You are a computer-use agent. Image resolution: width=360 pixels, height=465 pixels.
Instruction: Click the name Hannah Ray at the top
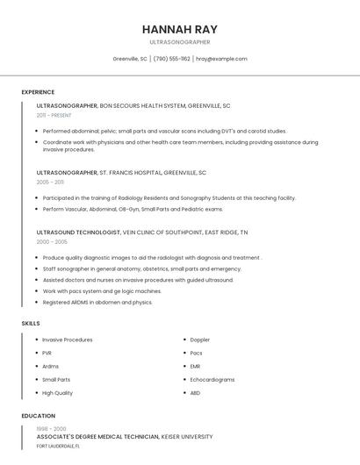tap(180, 28)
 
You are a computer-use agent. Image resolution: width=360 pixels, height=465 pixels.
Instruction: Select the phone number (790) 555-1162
tap(171, 59)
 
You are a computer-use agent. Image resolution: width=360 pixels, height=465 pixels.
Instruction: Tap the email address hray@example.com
tap(221, 59)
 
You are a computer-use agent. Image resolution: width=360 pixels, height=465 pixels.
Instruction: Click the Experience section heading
tap(38, 92)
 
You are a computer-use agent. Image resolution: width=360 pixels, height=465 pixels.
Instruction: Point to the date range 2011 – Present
tap(54, 115)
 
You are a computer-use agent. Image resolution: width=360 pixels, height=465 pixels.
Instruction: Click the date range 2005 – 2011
tap(50, 182)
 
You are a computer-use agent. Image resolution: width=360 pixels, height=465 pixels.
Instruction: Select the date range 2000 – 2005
tap(52, 241)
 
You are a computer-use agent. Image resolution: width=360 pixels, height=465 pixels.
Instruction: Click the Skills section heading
tap(30, 324)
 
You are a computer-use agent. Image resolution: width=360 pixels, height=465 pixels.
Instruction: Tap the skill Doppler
tap(199, 340)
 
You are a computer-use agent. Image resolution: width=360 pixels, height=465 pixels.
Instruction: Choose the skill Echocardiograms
tap(212, 380)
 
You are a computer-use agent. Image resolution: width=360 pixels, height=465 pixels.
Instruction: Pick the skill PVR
tap(47, 353)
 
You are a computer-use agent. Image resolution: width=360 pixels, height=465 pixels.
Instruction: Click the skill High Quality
tap(57, 393)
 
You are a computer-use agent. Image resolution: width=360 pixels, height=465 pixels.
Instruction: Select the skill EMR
tap(195, 366)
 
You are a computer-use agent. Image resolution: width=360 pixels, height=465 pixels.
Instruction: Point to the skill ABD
tap(195, 393)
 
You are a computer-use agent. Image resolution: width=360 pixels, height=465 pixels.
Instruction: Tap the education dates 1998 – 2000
tap(51, 429)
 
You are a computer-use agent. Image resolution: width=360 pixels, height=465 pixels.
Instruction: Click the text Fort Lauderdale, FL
tap(58, 446)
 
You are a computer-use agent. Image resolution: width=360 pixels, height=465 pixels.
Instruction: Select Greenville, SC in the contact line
tap(130, 59)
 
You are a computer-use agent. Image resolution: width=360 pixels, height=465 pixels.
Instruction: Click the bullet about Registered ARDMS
tap(97, 303)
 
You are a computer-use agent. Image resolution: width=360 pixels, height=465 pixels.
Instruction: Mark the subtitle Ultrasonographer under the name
tap(180, 42)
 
